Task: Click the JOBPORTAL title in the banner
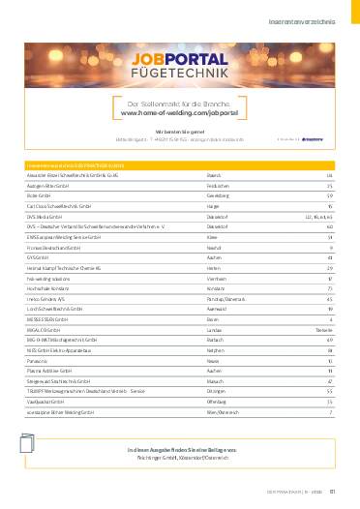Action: point(179,61)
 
